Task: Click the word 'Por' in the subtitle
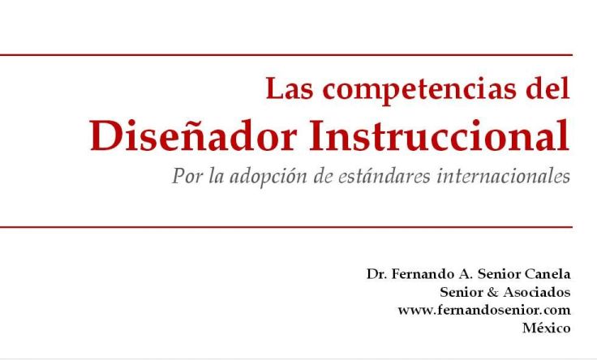(187, 176)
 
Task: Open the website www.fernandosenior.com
(483, 310)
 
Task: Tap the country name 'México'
(547, 328)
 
